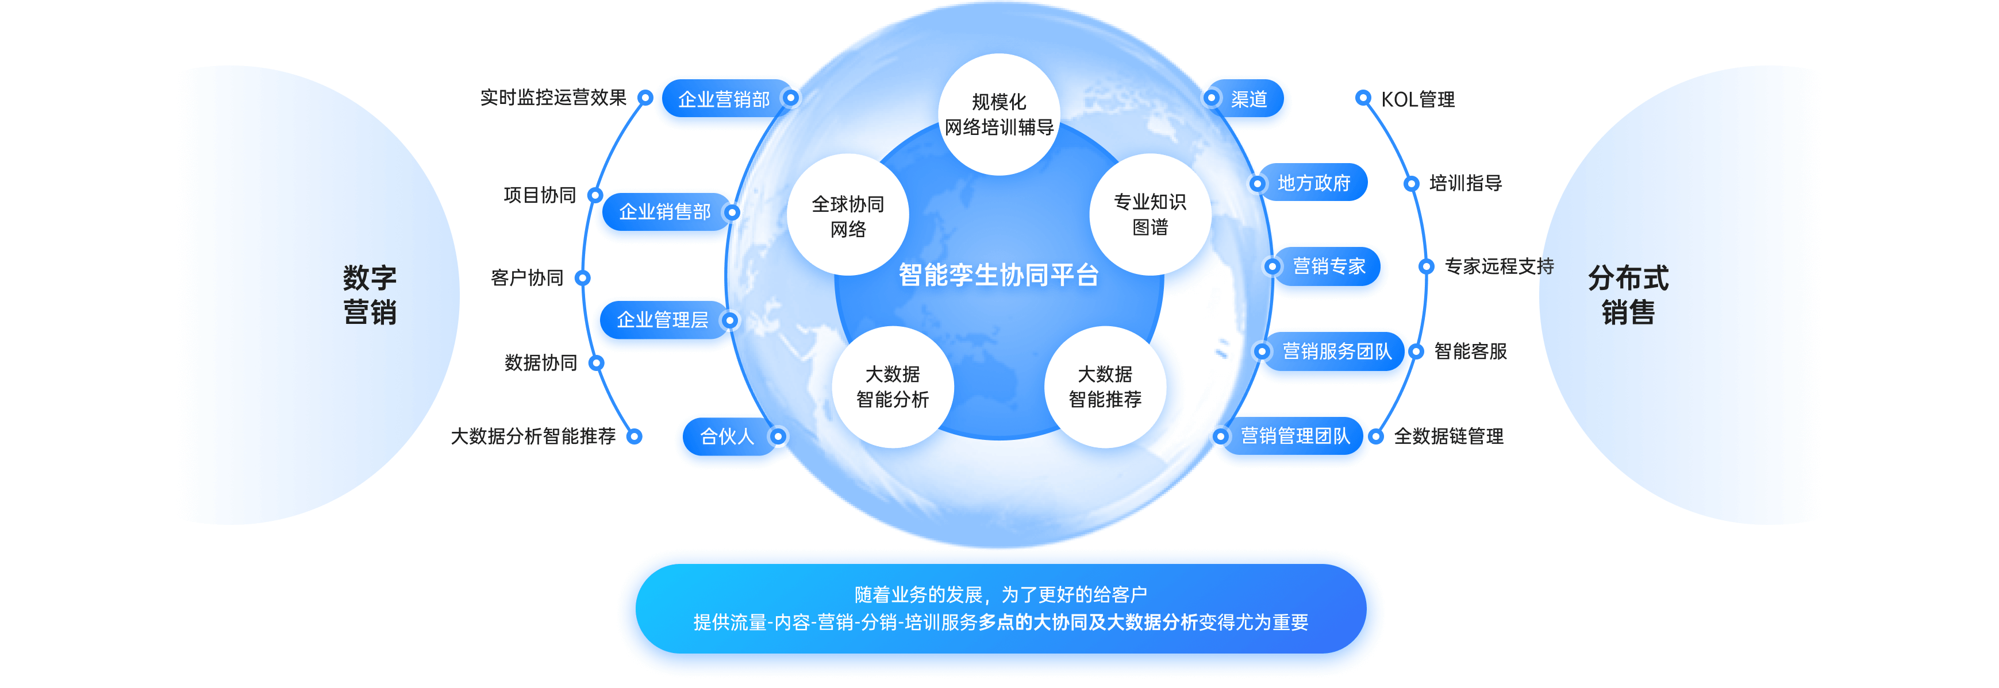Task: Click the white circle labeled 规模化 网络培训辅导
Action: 999,114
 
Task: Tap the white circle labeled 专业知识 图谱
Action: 1150,214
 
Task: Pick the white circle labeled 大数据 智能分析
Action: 893,386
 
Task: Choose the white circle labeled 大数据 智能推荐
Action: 1105,386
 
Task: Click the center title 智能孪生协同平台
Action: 999,275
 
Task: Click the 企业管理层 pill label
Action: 662,319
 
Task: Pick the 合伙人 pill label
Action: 726,436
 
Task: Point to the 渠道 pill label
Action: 1248,99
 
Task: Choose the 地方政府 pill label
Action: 1314,183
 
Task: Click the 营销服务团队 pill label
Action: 1336,351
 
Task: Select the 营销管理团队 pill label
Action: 1295,436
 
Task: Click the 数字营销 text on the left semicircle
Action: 370,295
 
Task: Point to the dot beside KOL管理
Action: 1363,98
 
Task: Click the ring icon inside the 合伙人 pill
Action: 778,436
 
